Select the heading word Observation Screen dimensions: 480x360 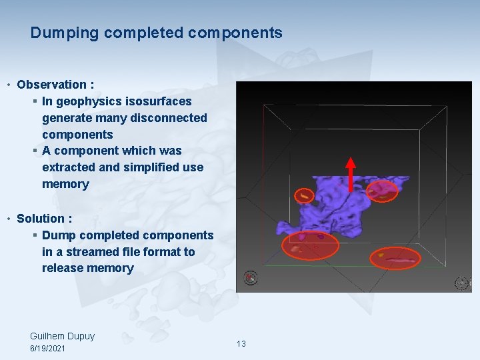pos(51,85)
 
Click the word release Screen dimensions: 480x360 pos(63,268)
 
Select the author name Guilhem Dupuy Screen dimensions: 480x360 pos(63,336)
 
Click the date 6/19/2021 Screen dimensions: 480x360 pos(48,349)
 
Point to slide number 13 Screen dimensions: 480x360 pos(241,344)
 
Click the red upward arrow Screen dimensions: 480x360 pos(351,172)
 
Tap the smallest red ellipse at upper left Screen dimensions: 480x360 pos(304,195)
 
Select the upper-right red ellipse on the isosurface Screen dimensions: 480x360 pos(382,191)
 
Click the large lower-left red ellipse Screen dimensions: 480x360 pos(310,245)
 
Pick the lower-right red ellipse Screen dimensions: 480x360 pos(395,257)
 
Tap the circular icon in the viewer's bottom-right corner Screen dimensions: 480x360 pos(461,283)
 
